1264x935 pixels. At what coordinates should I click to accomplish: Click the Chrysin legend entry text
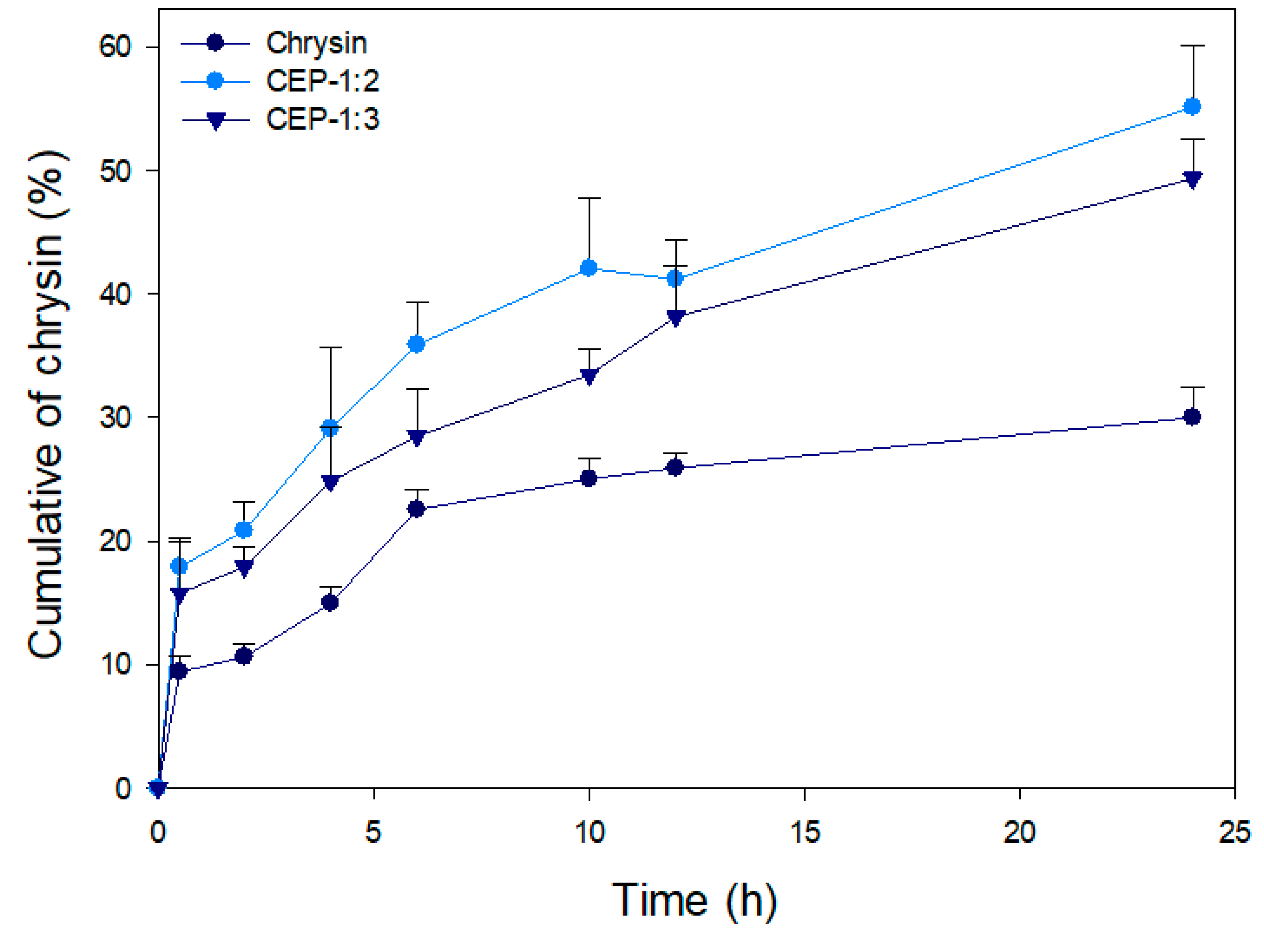pos(316,44)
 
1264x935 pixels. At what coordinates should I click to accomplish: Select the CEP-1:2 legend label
pos(322,81)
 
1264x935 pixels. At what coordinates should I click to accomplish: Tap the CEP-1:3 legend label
pos(322,120)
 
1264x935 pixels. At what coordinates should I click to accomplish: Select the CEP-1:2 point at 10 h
pos(589,268)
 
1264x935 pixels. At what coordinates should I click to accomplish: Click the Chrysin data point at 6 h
pos(416,509)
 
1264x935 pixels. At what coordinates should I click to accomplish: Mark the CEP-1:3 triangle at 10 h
pos(589,376)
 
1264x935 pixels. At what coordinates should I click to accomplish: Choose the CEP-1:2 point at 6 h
pos(416,344)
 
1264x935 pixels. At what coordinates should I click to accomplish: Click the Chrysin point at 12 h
pos(675,467)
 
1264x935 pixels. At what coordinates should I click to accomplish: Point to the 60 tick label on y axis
pos(115,47)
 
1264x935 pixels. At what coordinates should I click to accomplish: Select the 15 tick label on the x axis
pos(804,832)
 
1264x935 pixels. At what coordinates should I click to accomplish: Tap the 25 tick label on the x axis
pos(1235,832)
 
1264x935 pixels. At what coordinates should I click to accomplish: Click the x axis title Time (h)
pos(694,900)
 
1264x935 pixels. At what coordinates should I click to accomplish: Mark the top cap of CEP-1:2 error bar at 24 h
pos(1193,45)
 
